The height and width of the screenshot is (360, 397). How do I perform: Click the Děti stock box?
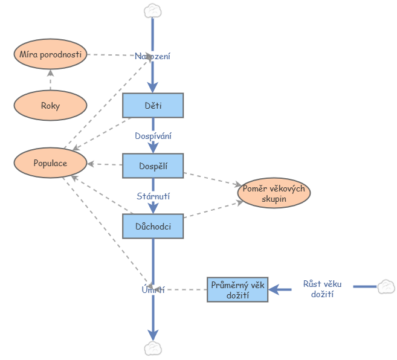click(153, 105)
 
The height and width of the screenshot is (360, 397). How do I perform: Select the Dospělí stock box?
click(153, 166)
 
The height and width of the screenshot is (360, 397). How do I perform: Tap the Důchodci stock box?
click(153, 226)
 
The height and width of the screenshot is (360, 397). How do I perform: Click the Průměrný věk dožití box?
click(237, 289)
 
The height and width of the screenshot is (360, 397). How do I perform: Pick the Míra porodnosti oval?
click(50, 54)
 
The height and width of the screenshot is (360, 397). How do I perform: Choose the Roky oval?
click(50, 105)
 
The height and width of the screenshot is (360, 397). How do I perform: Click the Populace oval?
click(50, 163)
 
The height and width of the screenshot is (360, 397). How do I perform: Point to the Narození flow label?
click(152, 56)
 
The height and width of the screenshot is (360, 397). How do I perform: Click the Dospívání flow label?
click(153, 136)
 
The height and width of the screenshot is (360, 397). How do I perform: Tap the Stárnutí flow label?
click(153, 196)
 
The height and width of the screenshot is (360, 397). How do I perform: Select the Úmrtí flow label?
click(153, 290)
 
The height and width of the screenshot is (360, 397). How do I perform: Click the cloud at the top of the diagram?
click(153, 10)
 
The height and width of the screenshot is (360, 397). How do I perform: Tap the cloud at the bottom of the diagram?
click(153, 348)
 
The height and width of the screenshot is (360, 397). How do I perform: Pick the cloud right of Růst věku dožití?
click(386, 287)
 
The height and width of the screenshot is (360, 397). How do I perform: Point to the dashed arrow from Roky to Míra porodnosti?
click(50, 79)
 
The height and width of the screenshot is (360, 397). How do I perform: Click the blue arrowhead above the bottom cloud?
click(153, 334)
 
